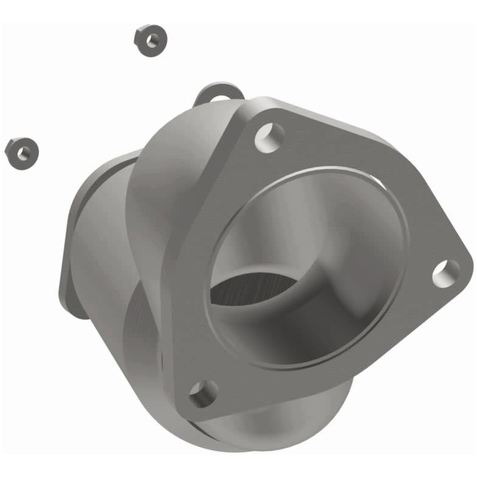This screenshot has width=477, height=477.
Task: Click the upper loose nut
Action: pos(150,41)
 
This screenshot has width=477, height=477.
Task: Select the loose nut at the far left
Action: pos(22,152)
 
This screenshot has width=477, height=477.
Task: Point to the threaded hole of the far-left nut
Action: pos(23,153)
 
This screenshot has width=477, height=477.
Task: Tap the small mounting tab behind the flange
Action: pos(218,94)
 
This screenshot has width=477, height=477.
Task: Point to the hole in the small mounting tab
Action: pos(220,98)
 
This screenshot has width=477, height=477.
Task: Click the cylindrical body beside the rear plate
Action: pos(101,238)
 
